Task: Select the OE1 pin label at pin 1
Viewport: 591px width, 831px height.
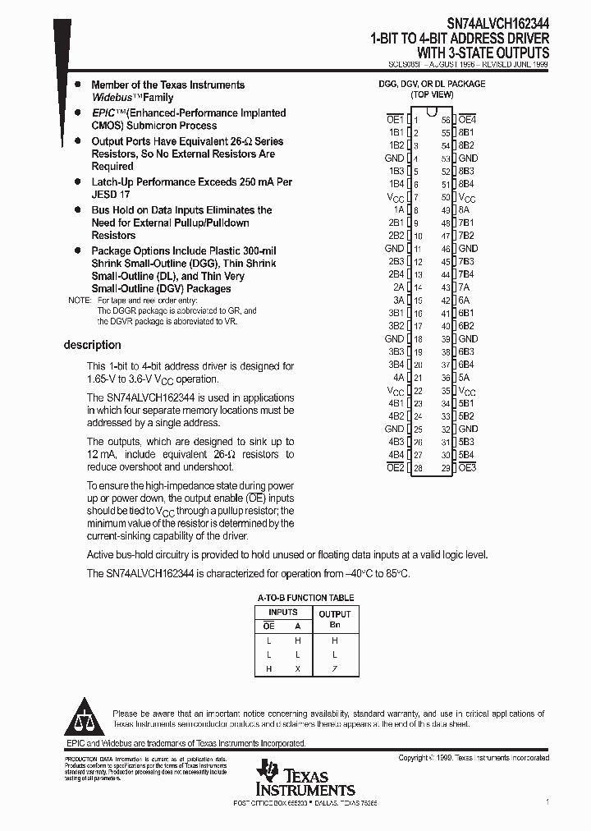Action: [x=394, y=119]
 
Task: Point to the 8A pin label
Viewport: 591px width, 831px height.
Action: [x=465, y=209]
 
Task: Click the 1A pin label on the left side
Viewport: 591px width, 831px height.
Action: [x=398, y=209]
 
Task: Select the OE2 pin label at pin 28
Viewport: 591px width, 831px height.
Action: [x=394, y=467]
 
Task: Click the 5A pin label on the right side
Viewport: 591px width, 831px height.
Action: [x=465, y=378]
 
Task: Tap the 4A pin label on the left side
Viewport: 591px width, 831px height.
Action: [x=398, y=378]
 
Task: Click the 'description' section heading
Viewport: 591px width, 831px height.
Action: [x=92, y=345]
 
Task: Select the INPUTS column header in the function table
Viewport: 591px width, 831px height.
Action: [x=283, y=612]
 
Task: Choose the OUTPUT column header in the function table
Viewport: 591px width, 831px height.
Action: [x=334, y=613]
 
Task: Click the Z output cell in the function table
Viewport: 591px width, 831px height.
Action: [x=334, y=669]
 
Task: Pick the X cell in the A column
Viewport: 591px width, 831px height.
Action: [x=298, y=669]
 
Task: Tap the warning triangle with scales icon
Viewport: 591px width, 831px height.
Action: [x=85, y=717]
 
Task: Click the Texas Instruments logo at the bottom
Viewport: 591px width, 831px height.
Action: [x=305, y=778]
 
